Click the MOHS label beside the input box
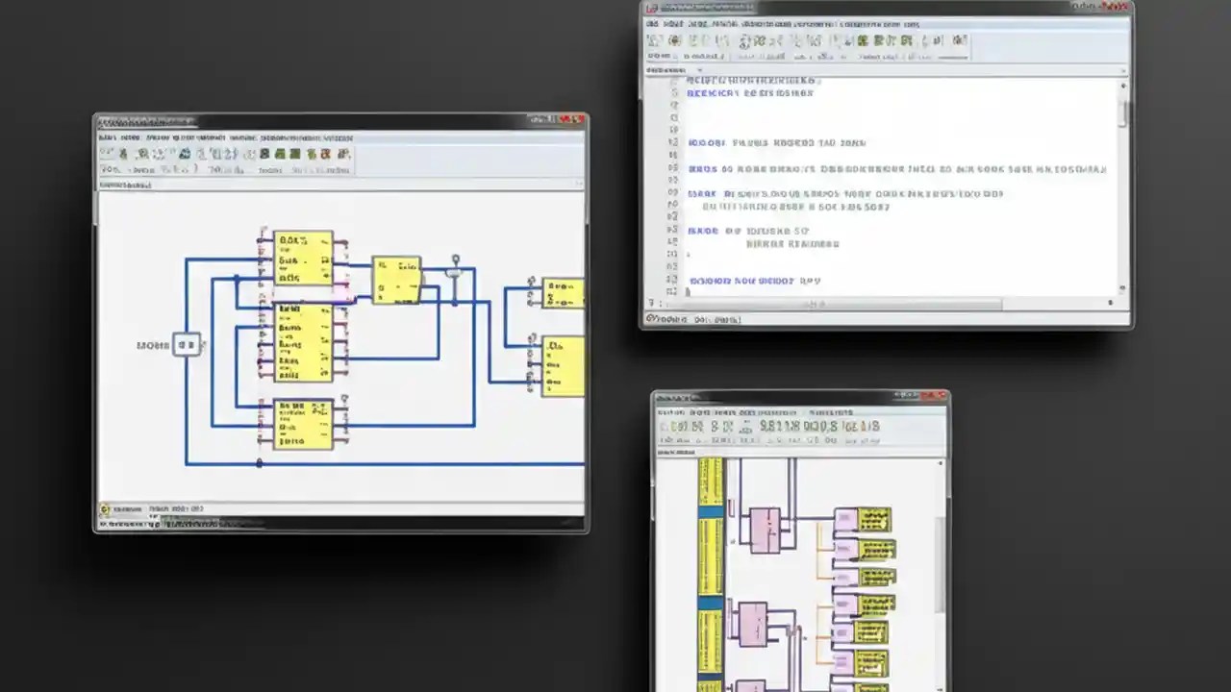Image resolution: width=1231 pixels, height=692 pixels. [x=152, y=344]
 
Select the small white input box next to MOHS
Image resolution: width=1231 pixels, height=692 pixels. [x=187, y=344]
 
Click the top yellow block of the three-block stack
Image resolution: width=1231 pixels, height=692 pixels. [x=303, y=258]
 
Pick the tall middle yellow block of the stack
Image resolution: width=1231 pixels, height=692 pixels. [x=303, y=342]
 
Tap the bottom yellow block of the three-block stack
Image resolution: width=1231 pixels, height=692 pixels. [x=303, y=424]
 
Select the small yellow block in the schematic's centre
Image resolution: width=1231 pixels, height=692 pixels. [x=396, y=280]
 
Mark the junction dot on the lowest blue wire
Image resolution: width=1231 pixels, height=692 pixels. [x=260, y=463]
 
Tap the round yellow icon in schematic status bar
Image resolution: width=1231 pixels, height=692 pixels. [x=106, y=509]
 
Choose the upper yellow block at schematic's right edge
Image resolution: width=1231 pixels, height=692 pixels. [x=564, y=292]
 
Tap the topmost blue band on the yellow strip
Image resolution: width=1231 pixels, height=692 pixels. [x=711, y=513]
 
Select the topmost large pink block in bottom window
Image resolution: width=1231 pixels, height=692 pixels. [x=765, y=530]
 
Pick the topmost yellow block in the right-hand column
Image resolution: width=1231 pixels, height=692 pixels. [x=863, y=520]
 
